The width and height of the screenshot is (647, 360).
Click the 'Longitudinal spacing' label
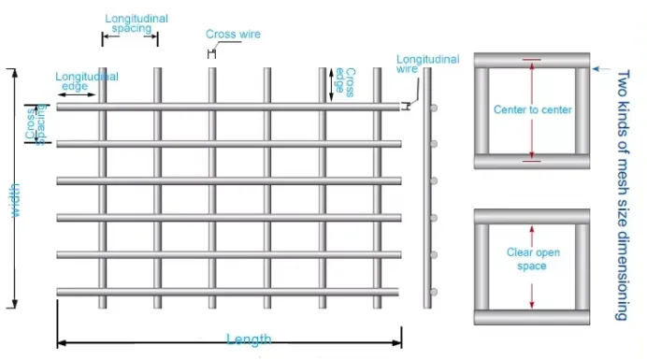(130, 23)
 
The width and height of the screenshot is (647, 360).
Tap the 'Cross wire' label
(233, 35)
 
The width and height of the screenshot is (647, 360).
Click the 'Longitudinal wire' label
(427, 64)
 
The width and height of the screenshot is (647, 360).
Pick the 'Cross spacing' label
(36, 124)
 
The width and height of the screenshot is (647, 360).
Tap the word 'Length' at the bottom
(249, 338)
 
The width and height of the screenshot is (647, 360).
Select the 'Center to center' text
(532, 110)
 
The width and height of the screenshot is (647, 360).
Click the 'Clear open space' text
(532, 259)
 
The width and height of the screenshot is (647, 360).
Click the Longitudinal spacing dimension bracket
(130, 38)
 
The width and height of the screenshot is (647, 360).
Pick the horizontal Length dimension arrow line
(140, 343)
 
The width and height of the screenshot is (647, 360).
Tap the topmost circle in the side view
(436, 108)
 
